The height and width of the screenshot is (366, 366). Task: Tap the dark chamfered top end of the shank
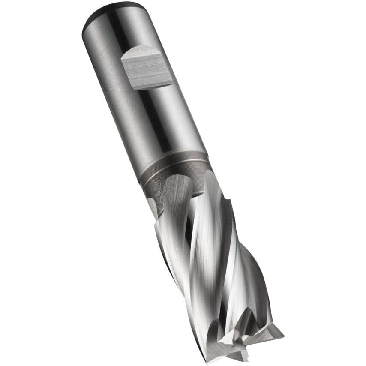click(x=107, y=13)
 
